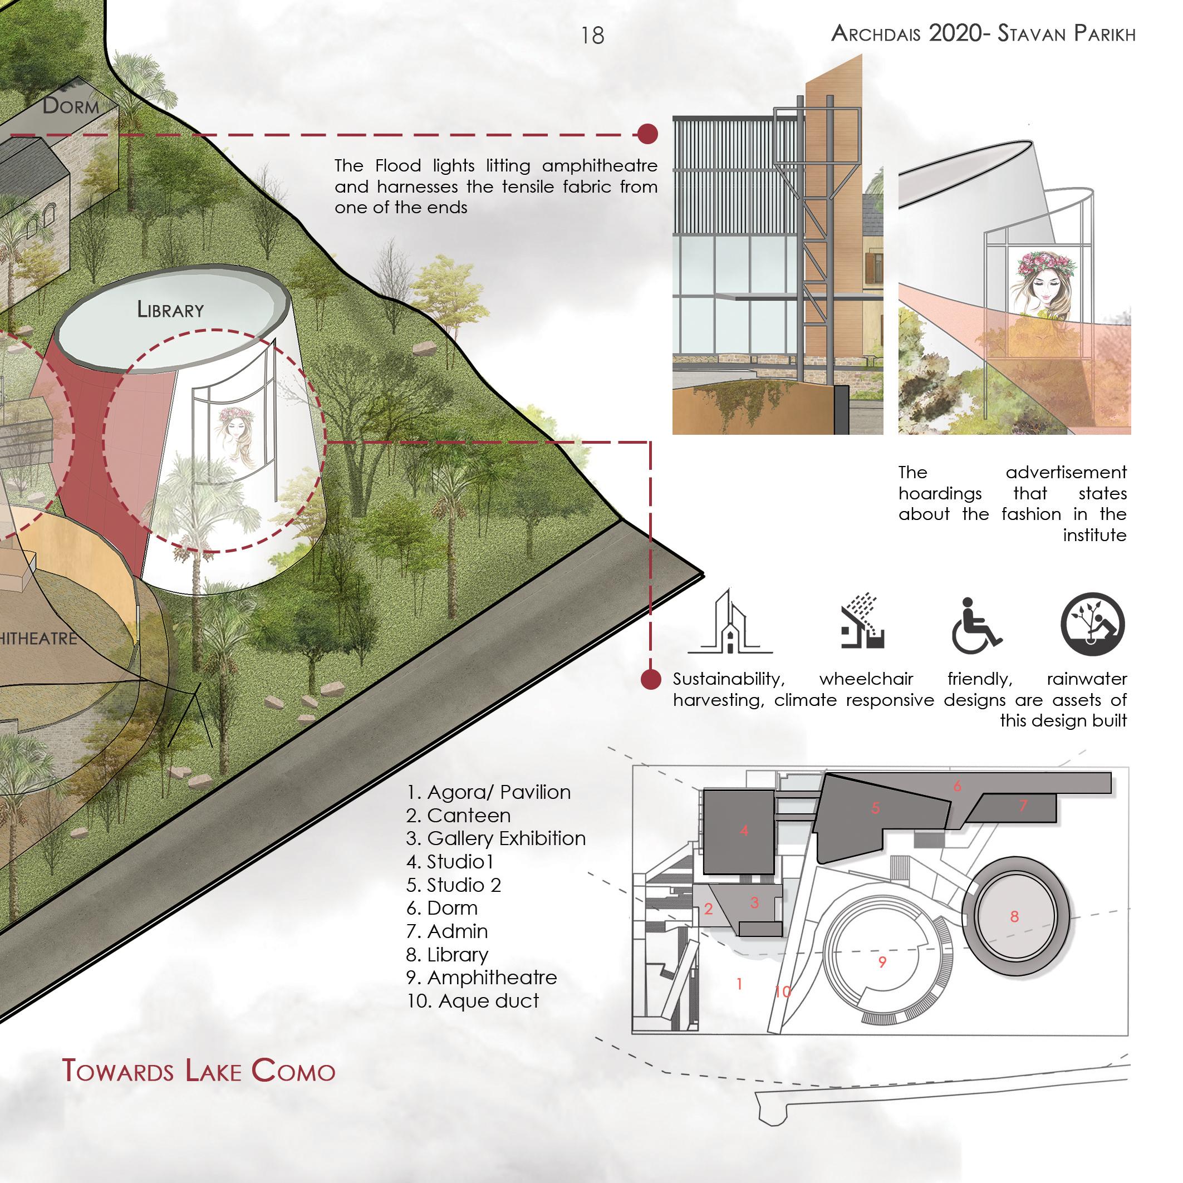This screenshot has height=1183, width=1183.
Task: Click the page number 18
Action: (x=592, y=36)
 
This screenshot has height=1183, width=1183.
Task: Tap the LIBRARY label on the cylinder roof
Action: (x=170, y=310)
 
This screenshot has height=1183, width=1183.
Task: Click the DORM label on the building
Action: (x=71, y=106)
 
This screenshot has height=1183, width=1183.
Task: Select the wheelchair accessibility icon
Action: (x=975, y=626)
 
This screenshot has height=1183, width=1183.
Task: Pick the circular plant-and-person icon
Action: (x=1092, y=624)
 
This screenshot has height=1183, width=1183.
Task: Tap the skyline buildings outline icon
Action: (x=730, y=624)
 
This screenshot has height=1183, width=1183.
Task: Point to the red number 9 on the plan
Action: (x=882, y=961)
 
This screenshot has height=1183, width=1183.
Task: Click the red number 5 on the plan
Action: (x=876, y=808)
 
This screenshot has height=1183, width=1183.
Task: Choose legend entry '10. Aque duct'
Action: (x=472, y=1001)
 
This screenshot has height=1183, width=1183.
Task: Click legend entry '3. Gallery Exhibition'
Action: (x=495, y=838)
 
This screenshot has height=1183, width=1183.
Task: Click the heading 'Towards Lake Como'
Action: (x=199, y=1071)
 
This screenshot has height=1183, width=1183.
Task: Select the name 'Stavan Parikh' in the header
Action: (x=1066, y=33)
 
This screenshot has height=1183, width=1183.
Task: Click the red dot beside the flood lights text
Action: (x=647, y=134)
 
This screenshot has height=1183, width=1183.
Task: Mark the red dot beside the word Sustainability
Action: (x=651, y=679)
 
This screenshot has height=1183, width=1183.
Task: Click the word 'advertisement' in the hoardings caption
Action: (x=1066, y=472)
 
